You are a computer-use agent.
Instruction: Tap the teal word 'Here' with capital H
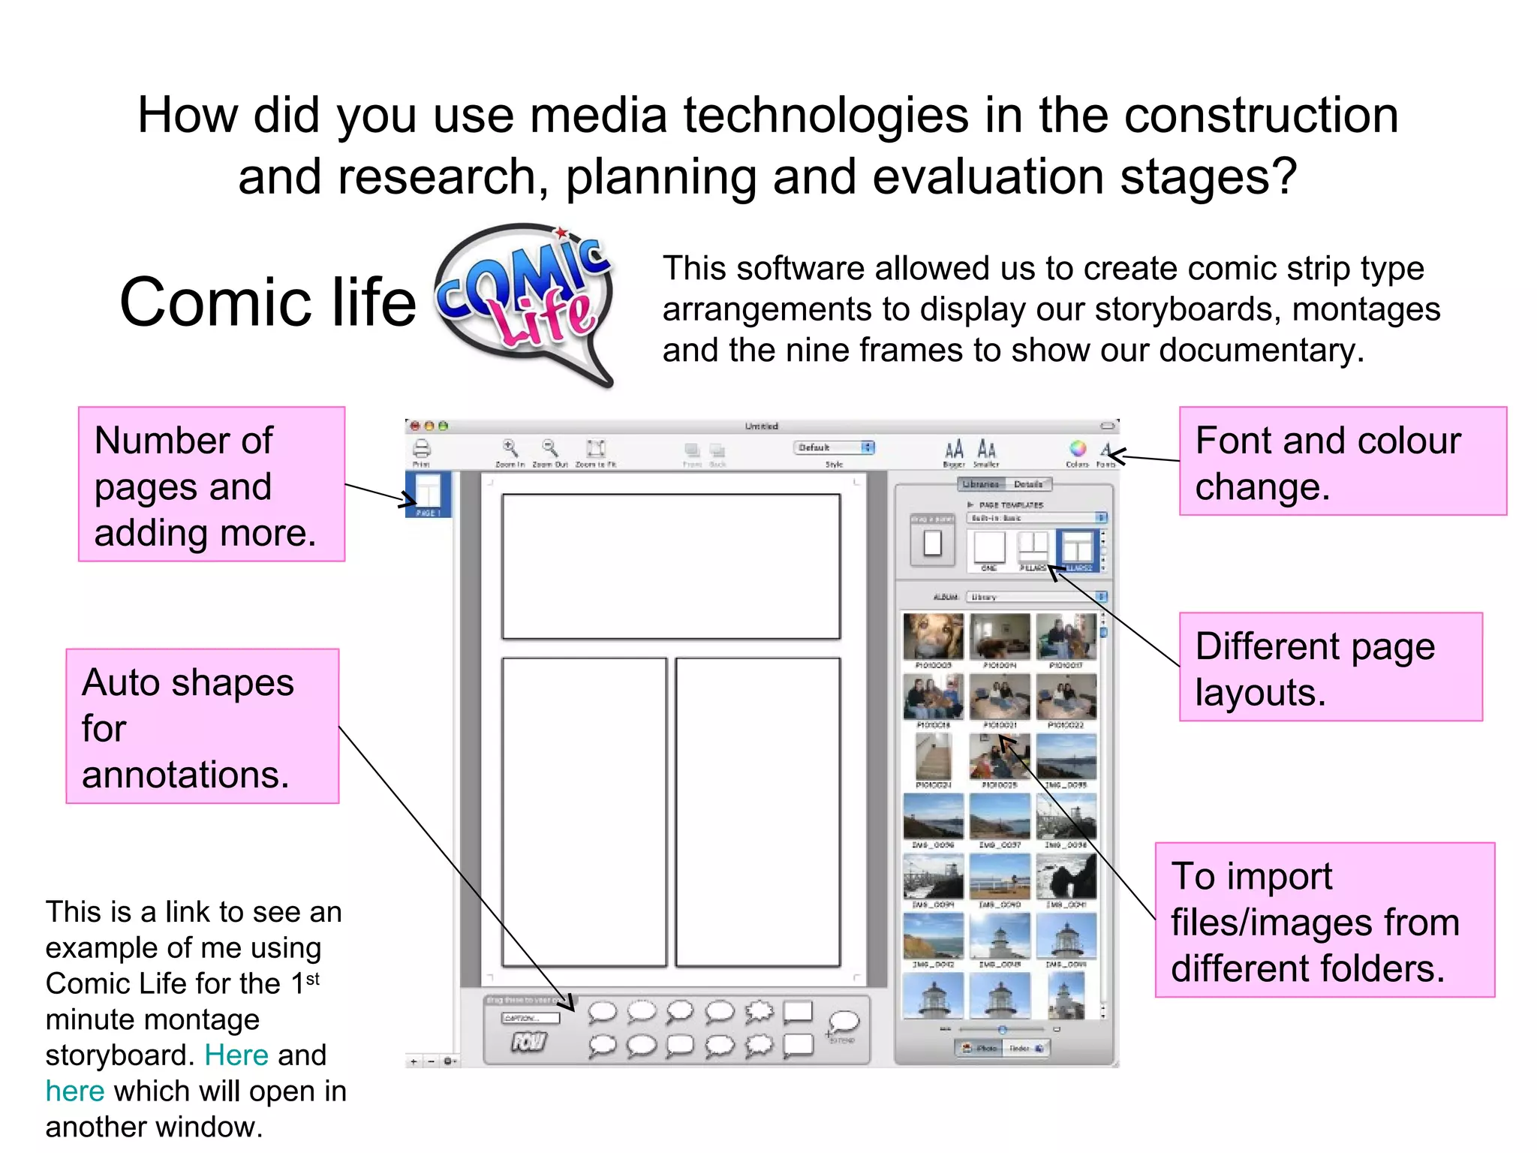[x=236, y=1055]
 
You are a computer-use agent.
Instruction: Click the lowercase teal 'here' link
[x=74, y=1091]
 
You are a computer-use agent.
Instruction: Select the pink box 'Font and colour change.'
[x=1342, y=461]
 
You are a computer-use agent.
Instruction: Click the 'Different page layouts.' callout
[x=1330, y=667]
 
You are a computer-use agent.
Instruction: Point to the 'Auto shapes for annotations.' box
[x=202, y=726]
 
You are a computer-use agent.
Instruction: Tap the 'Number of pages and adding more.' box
[x=211, y=484]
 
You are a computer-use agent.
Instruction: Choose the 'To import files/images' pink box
[x=1324, y=920]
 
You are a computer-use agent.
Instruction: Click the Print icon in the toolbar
[x=422, y=449]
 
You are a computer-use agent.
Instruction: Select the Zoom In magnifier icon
[x=510, y=448]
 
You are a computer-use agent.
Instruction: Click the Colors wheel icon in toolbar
[x=1077, y=449]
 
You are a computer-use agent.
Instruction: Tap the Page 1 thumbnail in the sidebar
[x=428, y=492]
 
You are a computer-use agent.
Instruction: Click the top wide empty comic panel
[x=670, y=566]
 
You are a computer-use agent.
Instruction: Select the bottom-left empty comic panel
[x=584, y=811]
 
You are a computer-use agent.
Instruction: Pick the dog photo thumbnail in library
[x=933, y=636]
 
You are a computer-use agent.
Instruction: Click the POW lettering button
[x=528, y=1042]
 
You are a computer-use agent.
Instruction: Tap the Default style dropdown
[x=833, y=447]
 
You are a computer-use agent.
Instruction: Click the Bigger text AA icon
[x=953, y=450]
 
